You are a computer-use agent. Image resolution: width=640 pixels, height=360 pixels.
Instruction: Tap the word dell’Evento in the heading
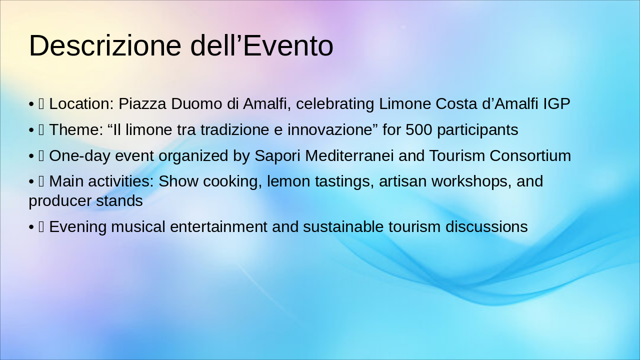pyautogui.click(x=261, y=45)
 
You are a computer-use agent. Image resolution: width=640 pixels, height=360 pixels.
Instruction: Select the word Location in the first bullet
pyautogui.click(x=81, y=104)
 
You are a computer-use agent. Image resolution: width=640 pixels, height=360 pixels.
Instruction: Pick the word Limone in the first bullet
pyautogui.click(x=405, y=104)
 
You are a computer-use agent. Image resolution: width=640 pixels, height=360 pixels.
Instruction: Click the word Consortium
pyautogui.click(x=530, y=156)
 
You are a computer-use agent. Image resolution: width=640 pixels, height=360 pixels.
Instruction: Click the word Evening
pyautogui.click(x=78, y=227)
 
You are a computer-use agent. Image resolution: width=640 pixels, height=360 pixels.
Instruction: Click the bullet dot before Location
pyautogui.click(x=31, y=104)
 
